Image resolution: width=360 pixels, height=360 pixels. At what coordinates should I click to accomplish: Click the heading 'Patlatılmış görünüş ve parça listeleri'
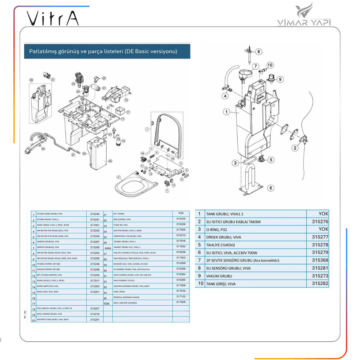[103, 51]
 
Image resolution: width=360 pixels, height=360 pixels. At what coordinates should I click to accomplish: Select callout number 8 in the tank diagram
[259, 51]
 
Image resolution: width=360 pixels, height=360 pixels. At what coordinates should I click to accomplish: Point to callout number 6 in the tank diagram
[270, 188]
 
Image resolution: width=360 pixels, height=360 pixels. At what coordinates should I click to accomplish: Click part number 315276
[320, 222]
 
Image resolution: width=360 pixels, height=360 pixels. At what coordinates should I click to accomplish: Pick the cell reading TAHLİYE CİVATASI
[220, 245]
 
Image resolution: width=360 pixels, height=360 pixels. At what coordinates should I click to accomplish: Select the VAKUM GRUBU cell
[219, 276]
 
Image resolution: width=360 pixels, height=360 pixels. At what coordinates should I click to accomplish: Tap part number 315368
[320, 260]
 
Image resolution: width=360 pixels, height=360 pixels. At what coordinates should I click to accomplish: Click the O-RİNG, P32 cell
[216, 229]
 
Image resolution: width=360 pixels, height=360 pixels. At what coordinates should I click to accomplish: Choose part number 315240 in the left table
[95, 214]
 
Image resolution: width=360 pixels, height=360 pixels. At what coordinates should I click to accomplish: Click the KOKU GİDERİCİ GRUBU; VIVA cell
[49, 314]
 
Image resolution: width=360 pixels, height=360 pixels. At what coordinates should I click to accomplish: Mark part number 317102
[181, 297]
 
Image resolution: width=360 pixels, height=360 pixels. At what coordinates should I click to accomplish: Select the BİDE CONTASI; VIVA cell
[122, 219]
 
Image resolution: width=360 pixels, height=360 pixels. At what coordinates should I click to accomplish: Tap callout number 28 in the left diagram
[31, 80]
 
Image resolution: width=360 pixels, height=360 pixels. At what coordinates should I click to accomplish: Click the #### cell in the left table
[108, 248]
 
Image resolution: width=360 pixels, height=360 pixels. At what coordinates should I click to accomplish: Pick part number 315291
[95, 319]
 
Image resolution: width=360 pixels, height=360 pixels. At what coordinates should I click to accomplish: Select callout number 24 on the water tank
[110, 161]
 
